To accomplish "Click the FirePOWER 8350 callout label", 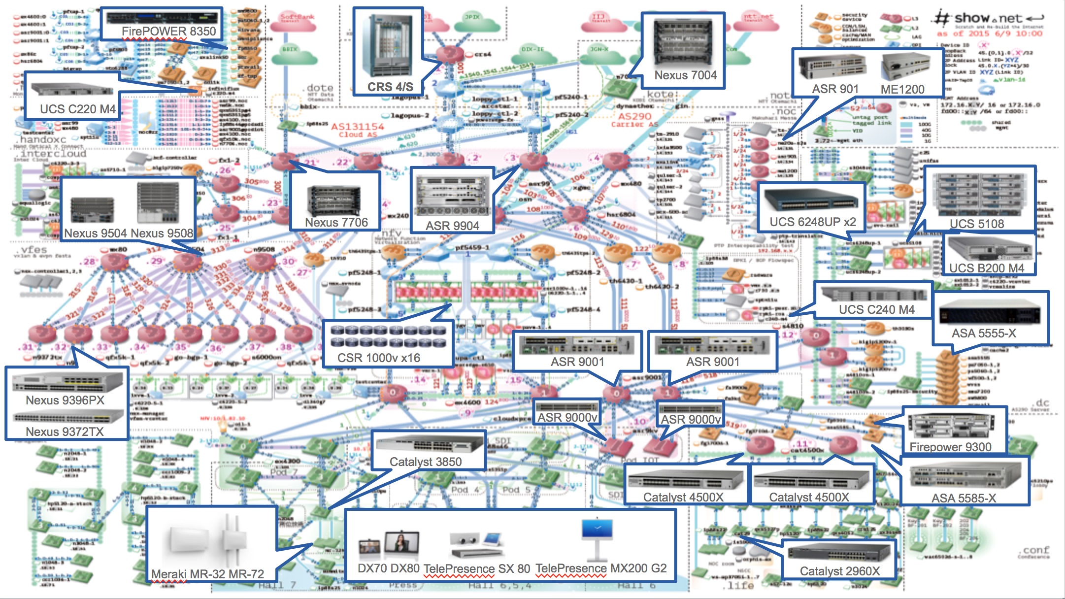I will pos(168,32).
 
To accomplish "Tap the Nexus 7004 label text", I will pos(685,75).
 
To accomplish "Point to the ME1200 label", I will pos(902,89).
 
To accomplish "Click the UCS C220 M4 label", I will pos(77,109).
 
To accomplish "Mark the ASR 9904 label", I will pos(452,226).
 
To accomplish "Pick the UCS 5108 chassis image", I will pos(978,195).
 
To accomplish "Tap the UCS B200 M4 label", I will pos(986,268).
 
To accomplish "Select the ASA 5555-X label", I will pos(983,333).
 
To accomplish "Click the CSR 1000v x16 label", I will pos(378,358).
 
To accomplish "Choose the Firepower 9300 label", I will pos(950,447).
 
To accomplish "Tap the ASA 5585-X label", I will pos(964,498).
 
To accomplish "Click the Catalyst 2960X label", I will pos(839,571).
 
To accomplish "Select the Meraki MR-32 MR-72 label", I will pos(207,574).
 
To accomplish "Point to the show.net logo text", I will pos(988,18).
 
